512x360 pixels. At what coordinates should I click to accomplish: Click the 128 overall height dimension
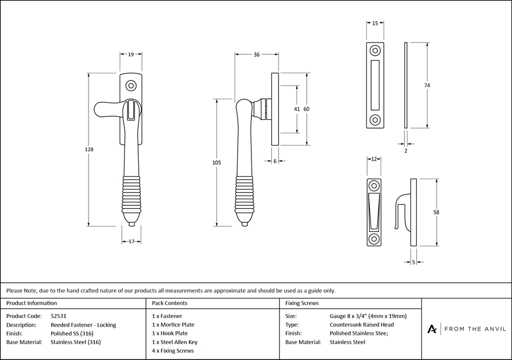[89, 150]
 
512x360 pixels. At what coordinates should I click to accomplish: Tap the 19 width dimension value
[131, 54]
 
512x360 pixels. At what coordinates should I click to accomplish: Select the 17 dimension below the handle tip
[132, 241]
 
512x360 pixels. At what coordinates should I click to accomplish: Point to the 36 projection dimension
[257, 54]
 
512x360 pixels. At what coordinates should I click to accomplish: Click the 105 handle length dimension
[216, 162]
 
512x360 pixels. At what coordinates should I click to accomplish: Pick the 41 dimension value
[296, 109]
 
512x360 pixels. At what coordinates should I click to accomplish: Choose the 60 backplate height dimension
[307, 109]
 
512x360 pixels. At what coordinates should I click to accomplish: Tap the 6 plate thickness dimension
[275, 161]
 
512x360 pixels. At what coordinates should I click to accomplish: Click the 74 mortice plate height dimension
[426, 85]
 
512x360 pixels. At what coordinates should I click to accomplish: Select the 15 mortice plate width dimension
[375, 24]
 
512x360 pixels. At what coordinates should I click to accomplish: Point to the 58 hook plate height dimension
[436, 212]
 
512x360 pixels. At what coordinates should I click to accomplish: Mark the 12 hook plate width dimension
[374, 159]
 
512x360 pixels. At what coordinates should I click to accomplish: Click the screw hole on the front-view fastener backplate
[132, 84]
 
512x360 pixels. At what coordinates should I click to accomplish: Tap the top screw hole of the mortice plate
[375, 51]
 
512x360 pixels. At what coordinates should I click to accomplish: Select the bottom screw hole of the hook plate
[374, 239]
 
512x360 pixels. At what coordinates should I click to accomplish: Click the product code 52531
[60, 316]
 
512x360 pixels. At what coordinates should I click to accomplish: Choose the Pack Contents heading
[169, 303]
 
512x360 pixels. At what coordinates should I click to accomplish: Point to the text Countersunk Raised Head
[361, 325]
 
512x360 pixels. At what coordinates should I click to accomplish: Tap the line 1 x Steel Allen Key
[175, 342]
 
